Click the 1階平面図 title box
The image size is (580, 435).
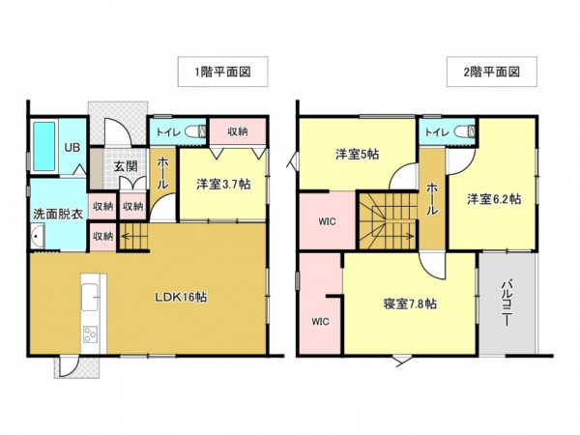(222, 72)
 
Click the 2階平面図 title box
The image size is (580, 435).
(491, 72)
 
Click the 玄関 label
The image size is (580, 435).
(125, 166)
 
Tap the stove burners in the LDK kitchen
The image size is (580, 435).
(90, 335)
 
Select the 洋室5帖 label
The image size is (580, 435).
(358, 154)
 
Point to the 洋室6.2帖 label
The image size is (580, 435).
(494, 200)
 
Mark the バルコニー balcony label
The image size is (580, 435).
(507, 302)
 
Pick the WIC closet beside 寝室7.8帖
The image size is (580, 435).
(320, 320)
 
